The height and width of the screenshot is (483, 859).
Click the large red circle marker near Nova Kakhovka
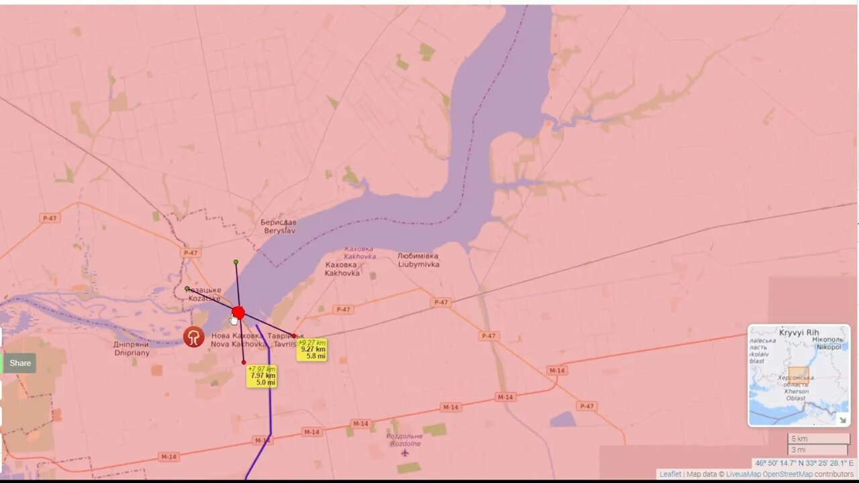[238, 313]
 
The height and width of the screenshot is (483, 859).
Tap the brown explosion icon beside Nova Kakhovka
[194, 336]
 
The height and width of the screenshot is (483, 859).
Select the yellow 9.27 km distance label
[312, 350]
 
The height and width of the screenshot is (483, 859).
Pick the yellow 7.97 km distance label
[262, 376]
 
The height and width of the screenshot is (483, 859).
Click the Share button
[20, 363]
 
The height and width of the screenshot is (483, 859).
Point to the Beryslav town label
[279, 226]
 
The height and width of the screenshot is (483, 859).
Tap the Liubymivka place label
[418, 260]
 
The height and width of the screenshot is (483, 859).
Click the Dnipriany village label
[132, 349]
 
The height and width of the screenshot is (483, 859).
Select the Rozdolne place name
[404, 439]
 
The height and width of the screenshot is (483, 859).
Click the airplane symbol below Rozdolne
[405, 453]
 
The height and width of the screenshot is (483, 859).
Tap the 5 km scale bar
[818, 439]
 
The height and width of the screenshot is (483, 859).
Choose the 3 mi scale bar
[818, 450]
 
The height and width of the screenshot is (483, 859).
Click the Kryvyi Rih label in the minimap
[799, 333]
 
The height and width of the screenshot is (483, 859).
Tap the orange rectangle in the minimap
[799, 375]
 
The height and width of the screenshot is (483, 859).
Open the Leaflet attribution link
[670, 474]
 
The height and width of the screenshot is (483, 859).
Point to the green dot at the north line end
[236, 262]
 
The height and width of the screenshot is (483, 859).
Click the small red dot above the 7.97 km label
[244, 362]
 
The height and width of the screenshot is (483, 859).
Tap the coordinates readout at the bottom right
[803, 463]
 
